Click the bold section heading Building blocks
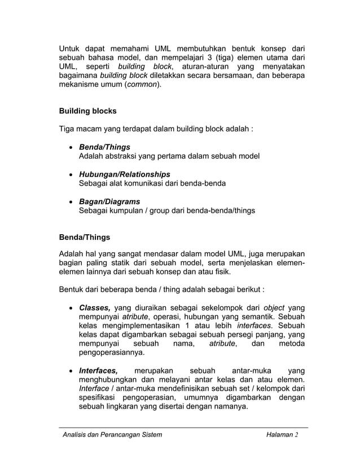(x=88, y=111)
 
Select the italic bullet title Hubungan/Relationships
(x=124, y=174)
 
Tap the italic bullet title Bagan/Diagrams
(x=109, y=201)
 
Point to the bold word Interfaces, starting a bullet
(x=98, y=371)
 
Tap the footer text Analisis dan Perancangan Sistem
(x=112, y=435)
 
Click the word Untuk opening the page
(x=71, y=48)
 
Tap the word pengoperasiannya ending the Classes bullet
(x=111, y=353)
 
